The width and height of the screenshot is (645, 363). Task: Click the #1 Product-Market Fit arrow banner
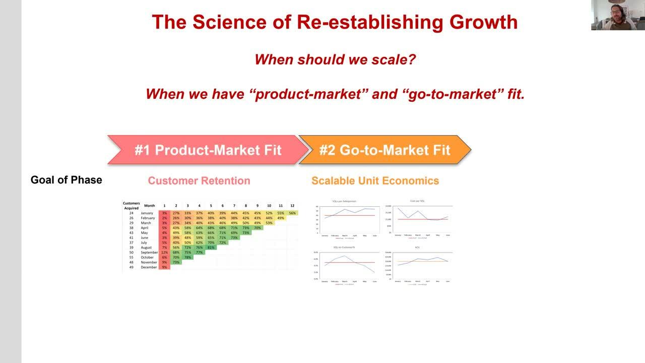tap(208, 150)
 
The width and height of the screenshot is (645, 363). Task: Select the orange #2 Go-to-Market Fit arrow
tap(384, 150)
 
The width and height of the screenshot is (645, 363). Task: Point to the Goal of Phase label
tap(66, 180)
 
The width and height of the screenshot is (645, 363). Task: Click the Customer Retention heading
tap(199, 180)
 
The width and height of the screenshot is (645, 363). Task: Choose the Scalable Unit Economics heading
tap(375, 180)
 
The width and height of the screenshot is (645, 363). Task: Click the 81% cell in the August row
tap(211, 248)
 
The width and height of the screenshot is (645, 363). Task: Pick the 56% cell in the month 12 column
tap(292, 213)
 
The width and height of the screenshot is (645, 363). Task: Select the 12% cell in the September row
tap(164, 253)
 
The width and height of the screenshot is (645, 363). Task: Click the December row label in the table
tap(149, 267)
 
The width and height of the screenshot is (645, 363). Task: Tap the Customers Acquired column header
tap(131, 206)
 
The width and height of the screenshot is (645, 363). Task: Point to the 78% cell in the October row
tap(187, 257)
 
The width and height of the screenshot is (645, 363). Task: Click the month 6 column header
tap(222, 206)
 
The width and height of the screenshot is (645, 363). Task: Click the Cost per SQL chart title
tap(418, 201)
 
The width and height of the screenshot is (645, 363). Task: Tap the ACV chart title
tap(418, 248)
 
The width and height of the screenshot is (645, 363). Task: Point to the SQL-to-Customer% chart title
tap(345, 248)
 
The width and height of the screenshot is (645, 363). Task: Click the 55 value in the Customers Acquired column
tap(131, 257)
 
